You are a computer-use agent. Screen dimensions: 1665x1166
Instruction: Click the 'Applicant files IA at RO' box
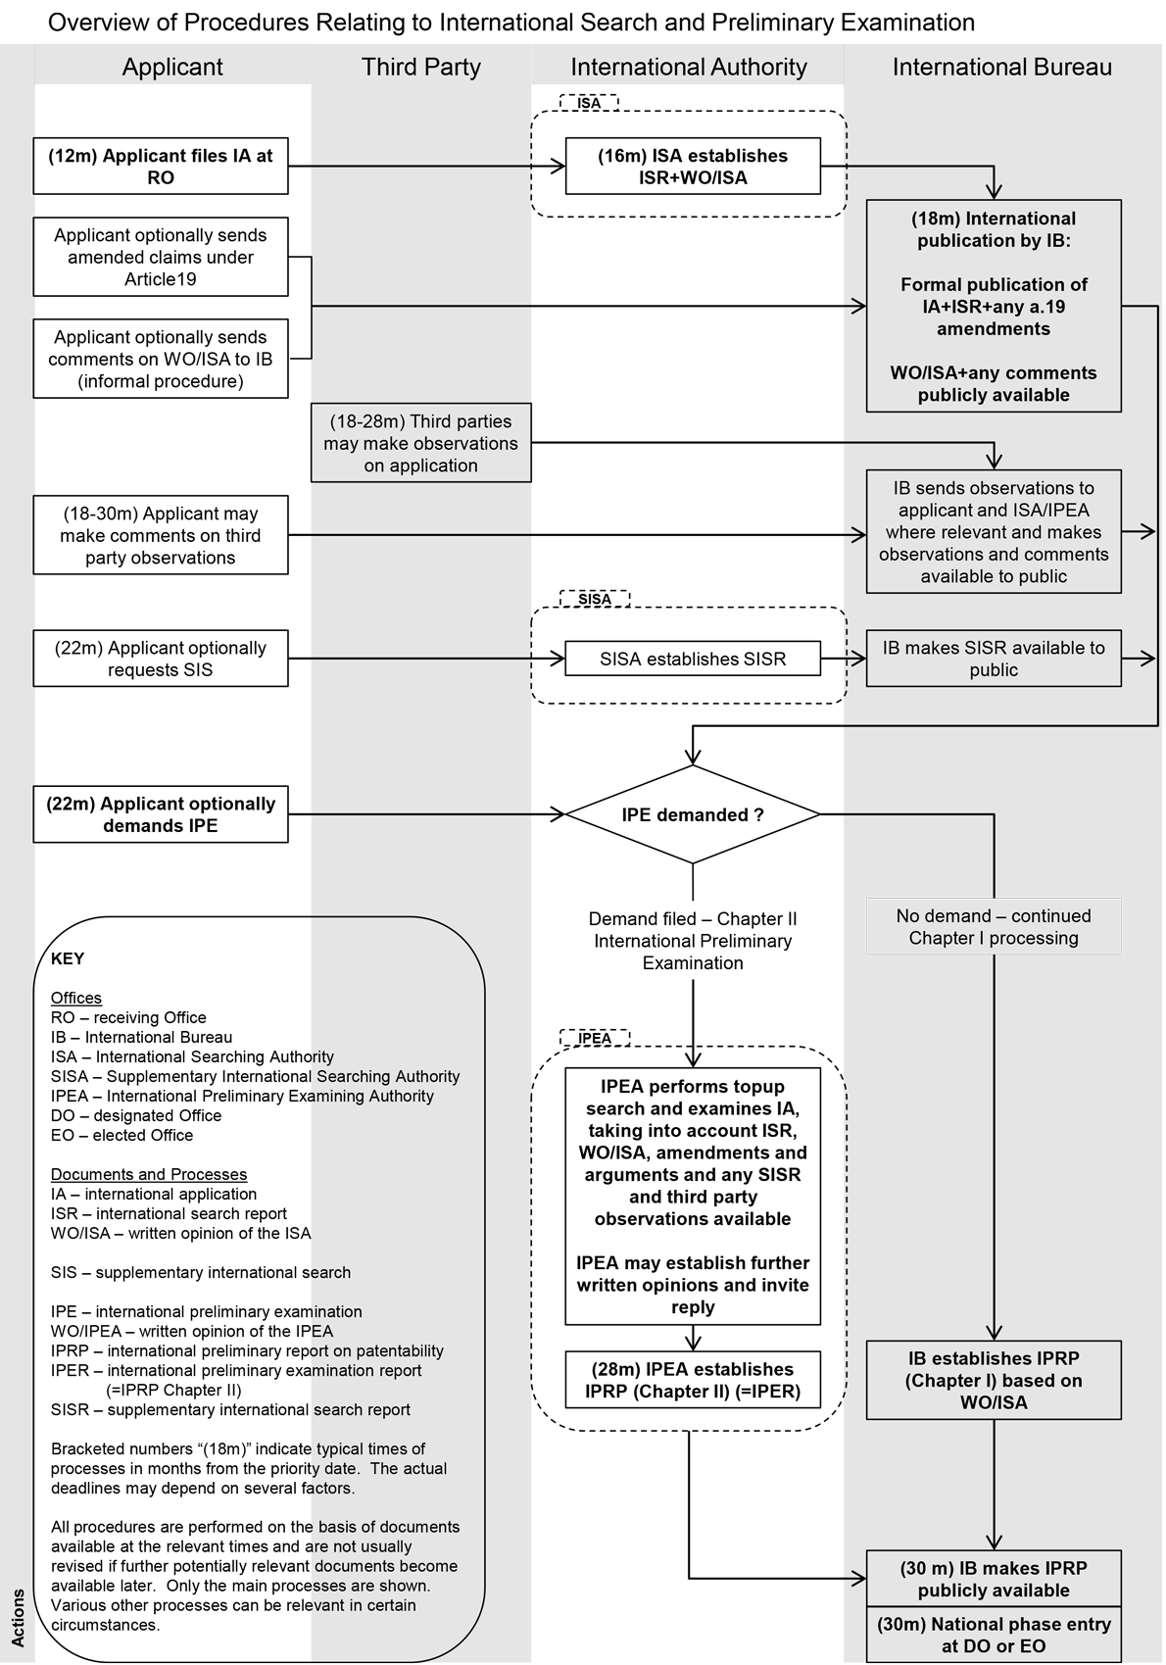tap(161, 167)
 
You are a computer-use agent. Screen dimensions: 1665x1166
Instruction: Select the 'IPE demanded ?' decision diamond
tap(693, 814)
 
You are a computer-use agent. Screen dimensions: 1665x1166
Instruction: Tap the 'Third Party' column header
tap(420, 67)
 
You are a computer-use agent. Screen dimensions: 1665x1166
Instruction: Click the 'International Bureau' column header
tap(1001, 67)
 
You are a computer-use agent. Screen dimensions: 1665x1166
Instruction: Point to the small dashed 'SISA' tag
tap(595, 599)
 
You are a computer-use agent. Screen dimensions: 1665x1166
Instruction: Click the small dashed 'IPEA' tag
tap(595, 1038)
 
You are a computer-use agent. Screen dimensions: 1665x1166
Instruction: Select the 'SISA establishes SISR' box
tap(693, 660)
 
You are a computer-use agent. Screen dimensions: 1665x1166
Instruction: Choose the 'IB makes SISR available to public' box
tap(994, 659)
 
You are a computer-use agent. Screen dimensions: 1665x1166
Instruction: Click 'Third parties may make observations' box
tap(421, 443)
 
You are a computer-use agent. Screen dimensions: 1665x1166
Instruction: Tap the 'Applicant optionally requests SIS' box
tap(161, 659)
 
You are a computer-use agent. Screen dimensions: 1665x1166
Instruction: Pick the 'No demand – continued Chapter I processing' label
tap(994, 927)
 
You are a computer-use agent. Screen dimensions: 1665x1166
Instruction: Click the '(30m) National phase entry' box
tap(994, 1635)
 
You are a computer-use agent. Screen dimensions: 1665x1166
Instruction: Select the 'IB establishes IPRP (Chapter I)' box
tap(994, 1380)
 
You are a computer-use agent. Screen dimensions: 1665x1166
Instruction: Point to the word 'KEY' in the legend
tap(68, 958)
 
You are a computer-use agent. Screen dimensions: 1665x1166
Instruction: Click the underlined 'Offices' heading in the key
tap(76, 998)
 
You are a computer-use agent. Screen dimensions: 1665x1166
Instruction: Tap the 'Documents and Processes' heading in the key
tap(149, 1174)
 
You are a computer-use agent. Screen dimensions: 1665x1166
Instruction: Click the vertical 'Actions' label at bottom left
tap(18, 1618)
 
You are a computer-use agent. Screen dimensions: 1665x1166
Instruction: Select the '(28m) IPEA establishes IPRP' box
tap(693, 1380)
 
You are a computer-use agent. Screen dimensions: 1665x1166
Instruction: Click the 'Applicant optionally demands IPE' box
tap(161, 814)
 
